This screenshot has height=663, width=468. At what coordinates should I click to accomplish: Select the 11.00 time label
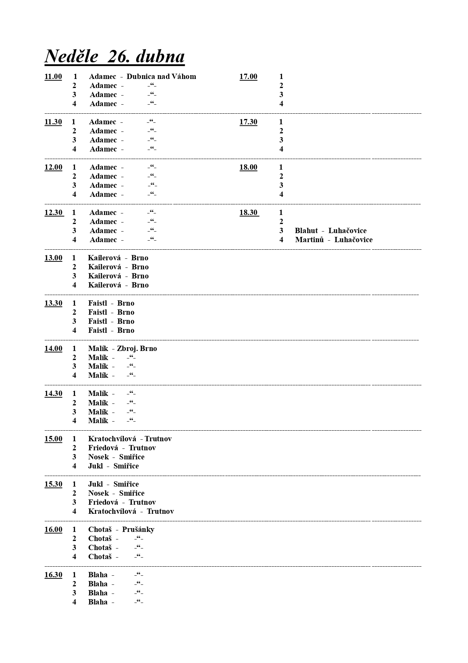click(x=53, y=77)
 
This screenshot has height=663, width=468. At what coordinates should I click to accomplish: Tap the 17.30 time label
click(x=248, y=122)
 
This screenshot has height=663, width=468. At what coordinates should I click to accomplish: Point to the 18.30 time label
click(x=249, y=213)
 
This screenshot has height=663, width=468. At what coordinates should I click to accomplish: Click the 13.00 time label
click(x=53, y=258)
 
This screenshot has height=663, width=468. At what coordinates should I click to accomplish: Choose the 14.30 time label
click(x=53, y=394)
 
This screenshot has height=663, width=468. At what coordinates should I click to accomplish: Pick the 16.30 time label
click(x=53, y=575)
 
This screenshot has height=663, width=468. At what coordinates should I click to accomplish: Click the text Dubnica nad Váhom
click(x=161, y=77)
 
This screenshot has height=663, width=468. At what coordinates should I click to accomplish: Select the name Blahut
click(x=306, y=231)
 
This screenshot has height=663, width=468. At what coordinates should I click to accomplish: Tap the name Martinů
click(x=309, y=240)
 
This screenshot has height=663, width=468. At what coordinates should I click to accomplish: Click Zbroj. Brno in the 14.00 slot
click(x=137, y=349)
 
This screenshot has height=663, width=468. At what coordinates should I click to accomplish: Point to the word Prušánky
click(x=138, y=530)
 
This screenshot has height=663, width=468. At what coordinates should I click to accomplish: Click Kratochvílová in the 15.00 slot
click(x=112, y=439)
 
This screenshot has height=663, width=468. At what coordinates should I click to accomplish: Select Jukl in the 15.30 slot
click(x=95, y=484)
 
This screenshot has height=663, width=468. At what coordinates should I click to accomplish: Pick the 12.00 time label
click(x=53, y=167)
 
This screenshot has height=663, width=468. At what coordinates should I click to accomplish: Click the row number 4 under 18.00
click(x=281, y=195)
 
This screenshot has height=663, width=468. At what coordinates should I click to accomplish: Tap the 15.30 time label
click(x=53, y=484)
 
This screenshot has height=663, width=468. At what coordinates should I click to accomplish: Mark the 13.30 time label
click(x=53, y=303)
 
